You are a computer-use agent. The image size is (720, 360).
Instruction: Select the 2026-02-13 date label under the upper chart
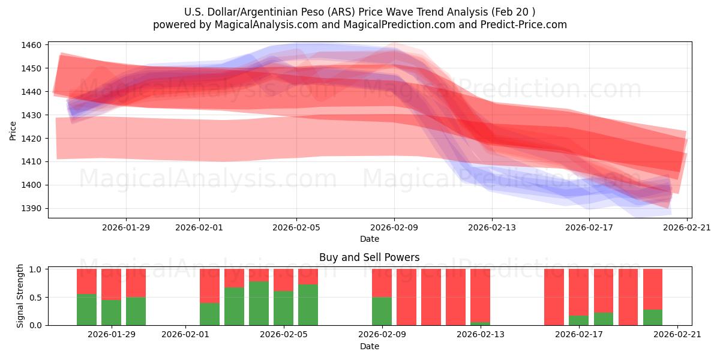pos(491,227)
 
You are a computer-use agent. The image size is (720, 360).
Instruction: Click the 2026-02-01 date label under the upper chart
pos(199,227)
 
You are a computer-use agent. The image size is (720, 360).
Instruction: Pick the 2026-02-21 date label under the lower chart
pos(677,335)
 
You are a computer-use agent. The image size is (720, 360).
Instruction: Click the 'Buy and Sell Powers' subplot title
pos(369,257)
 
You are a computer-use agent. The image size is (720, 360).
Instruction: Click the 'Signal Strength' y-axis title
pos(20,296)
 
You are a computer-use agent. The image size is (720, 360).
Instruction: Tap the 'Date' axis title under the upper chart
pos(369,239)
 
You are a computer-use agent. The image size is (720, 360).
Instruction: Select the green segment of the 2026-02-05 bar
pos(308,305)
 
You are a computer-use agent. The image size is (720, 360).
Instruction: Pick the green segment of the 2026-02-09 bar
pos(382,311)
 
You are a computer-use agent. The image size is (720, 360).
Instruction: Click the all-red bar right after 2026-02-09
pos(406,297)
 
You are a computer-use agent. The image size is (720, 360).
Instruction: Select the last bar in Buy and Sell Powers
pos(652,297)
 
